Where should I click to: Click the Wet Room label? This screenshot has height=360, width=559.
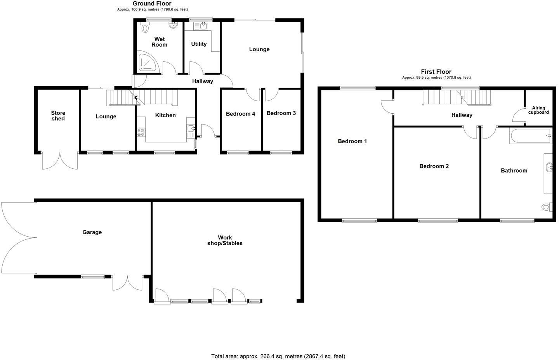(x=159, y=42)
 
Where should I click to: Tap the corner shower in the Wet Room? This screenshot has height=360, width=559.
(x=148, y=63)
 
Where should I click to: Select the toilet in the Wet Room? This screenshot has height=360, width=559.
(x=145, y=28)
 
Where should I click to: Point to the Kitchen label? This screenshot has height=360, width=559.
(x=165, y=115)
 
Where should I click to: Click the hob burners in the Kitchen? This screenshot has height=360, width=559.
(x=141, y=132)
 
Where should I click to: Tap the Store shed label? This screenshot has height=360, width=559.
(x=58, y=116)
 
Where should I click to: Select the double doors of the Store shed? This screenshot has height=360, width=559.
(x=60, y=161)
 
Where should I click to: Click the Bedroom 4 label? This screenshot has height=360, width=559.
(x=240, y=114)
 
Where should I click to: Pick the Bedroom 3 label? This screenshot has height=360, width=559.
(x=281, y=113)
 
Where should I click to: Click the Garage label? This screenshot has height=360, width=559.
(x=92, y=232)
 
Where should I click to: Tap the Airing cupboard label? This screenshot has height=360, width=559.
(x=538, y=110)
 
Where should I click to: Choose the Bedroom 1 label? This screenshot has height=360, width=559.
(x=352, y=141)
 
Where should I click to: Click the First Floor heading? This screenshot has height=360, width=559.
(x=436, y=72)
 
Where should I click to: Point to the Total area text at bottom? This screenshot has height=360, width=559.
(x=278, y=356)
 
